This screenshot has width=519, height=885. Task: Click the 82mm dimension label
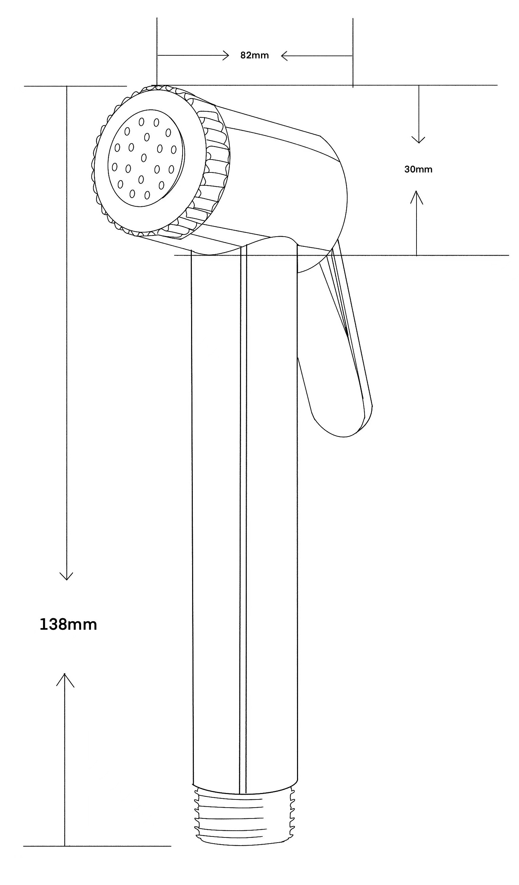(x=255, y=55)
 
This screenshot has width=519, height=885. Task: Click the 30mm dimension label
(x=418, y=169)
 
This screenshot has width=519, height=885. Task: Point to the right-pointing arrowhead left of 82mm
(x=226, y=55)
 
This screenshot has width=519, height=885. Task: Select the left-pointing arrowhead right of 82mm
(x=284, y=55)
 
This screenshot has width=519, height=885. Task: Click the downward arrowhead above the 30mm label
(x=418, y=140)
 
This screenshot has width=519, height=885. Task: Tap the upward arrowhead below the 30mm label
(x=417, y=197)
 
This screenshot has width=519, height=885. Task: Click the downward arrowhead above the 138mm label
(x=67, y=576)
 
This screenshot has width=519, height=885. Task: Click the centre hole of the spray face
(x=144, y=158)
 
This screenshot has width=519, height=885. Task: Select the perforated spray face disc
(x=146, y=158)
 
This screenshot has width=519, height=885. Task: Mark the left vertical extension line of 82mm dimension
(x=157, y=51)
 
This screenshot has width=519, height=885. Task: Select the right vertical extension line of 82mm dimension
(x=353, y=53)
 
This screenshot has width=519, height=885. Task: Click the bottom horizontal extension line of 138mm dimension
(x=97, y=846)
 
